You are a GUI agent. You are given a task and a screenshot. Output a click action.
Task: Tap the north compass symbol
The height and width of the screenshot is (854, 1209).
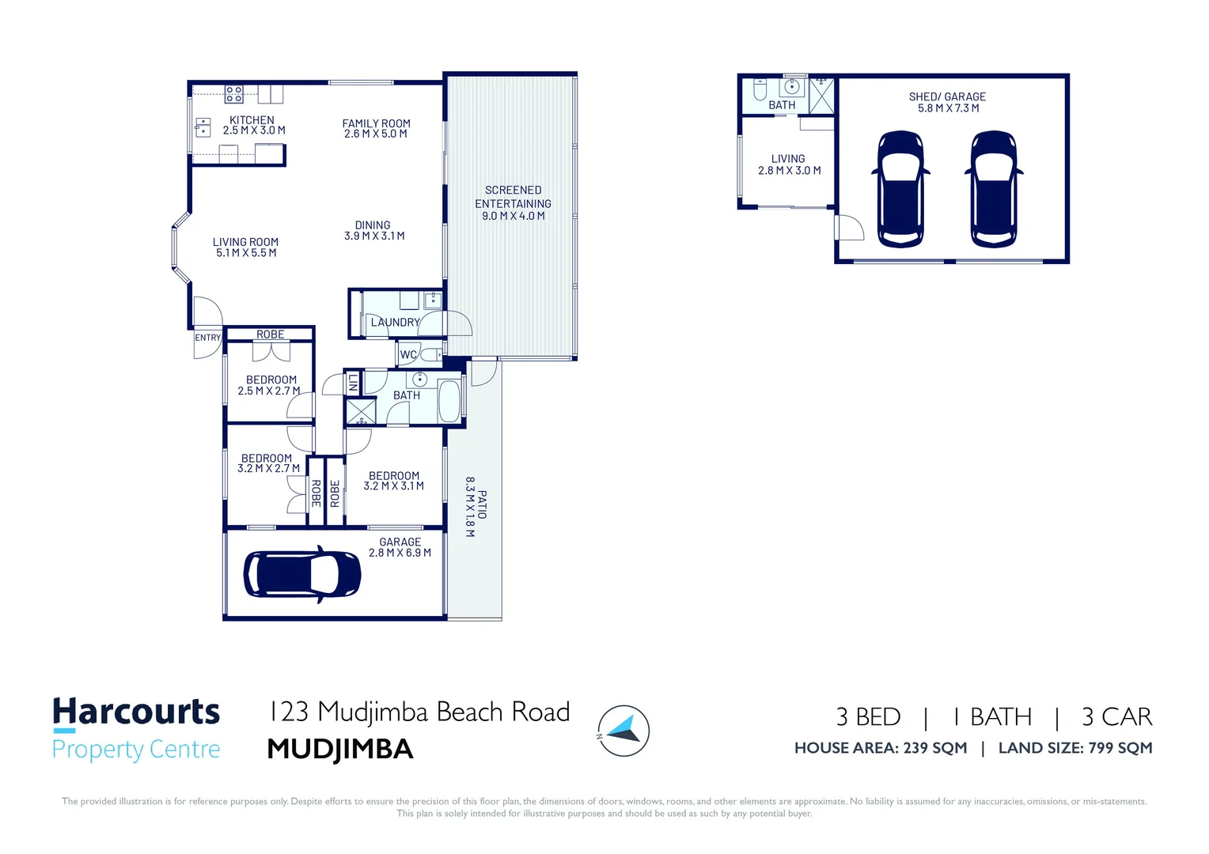click(x=623, y=731)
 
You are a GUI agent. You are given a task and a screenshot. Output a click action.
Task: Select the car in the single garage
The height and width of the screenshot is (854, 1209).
click(x=302, y=574)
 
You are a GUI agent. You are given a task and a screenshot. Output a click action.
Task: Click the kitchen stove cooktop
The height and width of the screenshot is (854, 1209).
click(x=233, y=94)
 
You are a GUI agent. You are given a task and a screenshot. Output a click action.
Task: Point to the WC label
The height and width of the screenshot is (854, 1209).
click(x=408, y=354)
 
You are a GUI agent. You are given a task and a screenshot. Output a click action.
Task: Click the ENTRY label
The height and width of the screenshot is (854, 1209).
click(x=208, y=338)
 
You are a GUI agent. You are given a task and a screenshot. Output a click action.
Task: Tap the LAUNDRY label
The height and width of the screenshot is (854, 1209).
click(x=395, y=322)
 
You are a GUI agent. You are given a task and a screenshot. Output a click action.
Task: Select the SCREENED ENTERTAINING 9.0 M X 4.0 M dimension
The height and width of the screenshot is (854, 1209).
click(x=514, y=216)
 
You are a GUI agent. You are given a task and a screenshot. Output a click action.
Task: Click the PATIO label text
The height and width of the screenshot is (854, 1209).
click(x=482, y=504)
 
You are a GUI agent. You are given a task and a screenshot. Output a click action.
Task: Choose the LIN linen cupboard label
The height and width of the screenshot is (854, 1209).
click(x=352, y=383)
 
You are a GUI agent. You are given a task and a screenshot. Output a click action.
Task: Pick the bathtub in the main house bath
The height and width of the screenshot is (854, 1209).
click(x=449, y=401)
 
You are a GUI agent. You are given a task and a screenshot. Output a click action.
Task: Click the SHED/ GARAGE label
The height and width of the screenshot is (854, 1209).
click(x=947, y=96)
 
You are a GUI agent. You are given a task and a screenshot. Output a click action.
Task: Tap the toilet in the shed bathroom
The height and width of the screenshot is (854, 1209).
click(x=760, y=90)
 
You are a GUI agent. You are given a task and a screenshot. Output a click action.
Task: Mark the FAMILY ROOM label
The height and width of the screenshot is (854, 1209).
click(x=376, y=123)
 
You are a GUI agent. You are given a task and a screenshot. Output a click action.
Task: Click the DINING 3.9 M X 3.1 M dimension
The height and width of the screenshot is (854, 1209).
click(x=374, y=236)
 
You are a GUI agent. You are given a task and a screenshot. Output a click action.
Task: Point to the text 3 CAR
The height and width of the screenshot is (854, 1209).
click(x=1116, y=717)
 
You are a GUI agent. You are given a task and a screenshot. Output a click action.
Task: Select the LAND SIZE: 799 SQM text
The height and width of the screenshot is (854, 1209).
click(x=1075, y=748)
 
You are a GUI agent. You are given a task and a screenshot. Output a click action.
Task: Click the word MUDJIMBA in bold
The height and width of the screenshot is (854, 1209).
click(x=340, y=750)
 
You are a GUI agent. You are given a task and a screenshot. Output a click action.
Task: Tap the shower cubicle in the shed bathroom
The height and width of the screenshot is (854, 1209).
click(x=821, y=96)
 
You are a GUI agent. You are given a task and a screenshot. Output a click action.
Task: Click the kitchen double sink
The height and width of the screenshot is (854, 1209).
click(x=203, y=128)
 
